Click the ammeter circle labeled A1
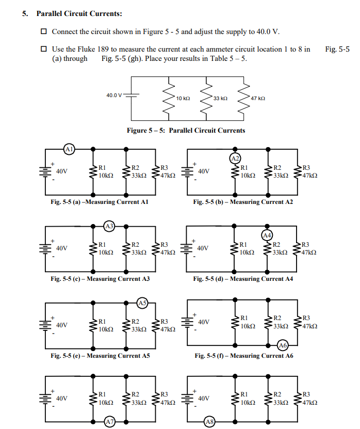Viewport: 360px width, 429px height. pos(69,150)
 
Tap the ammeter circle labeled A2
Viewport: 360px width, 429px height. pos(235,157)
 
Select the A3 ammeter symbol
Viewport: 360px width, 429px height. pos(109,226)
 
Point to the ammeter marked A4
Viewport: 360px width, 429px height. pos(267,235)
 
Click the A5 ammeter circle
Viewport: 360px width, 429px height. pos(143,303)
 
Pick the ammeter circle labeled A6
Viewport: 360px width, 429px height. pos(282,344)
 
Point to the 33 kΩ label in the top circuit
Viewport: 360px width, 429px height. pos(220,98)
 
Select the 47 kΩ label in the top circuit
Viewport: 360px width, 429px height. pos(257,98)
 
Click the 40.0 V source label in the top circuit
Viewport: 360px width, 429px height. pos(114,96)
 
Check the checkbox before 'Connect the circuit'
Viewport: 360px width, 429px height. pos(44,31)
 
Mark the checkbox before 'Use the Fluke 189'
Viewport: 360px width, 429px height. pos(44,50)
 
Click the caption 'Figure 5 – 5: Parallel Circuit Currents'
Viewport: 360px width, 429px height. pos(186,130)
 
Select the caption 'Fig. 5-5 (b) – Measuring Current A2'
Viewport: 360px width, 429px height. pos(243,202)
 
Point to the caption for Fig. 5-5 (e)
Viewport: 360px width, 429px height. pos(100,356)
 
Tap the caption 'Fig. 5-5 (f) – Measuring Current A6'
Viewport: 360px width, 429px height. pos(243,356)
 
